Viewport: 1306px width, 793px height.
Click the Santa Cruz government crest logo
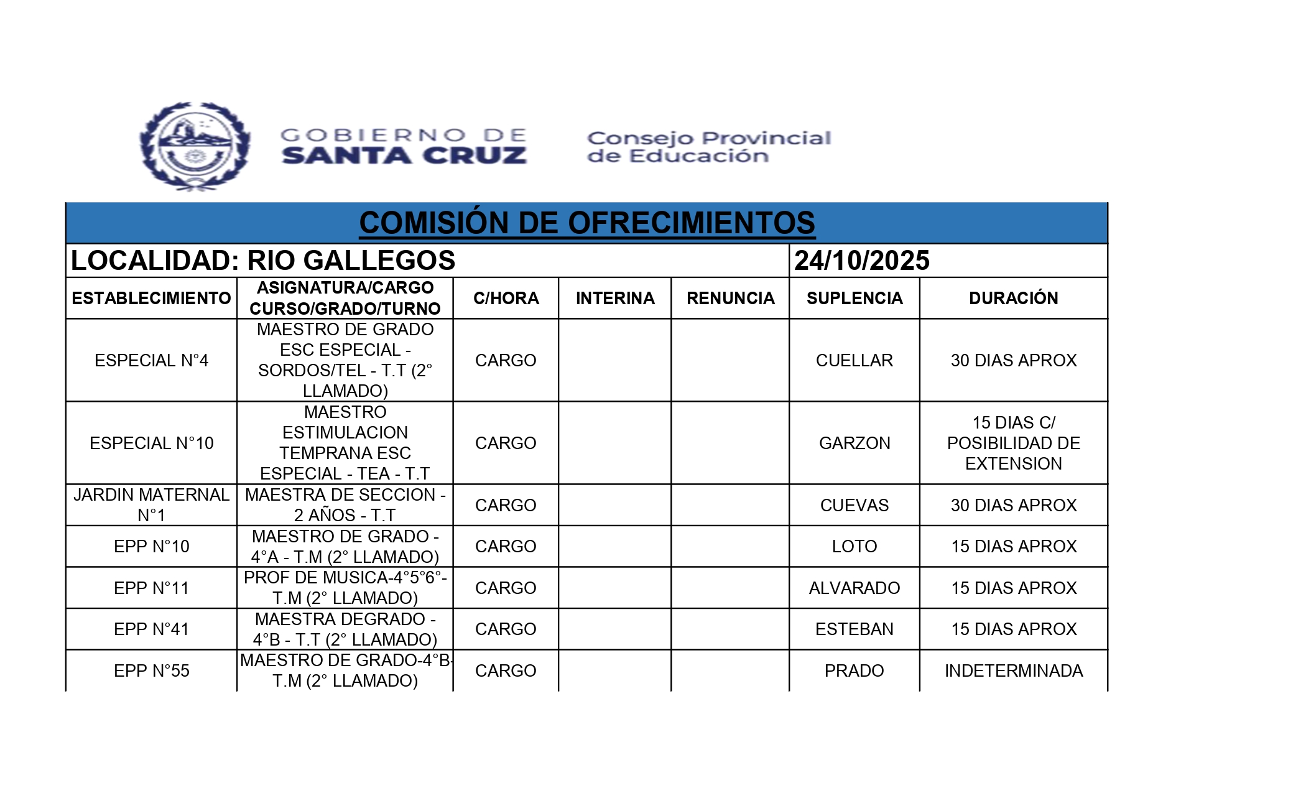click(x=195, y=147)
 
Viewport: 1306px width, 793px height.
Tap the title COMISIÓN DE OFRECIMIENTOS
click(x=586, y=223)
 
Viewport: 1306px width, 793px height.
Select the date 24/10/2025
click(x=861, y=261)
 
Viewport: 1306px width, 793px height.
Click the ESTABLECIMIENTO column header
click(x=151, y=299)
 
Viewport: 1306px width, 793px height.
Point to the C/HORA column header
click(x=506, y=299)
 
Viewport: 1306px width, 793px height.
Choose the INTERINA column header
click(x=615, y=299)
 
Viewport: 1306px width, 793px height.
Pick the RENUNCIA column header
click(x=730, y=299)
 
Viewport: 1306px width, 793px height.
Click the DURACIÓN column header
click(x=1013, y=299)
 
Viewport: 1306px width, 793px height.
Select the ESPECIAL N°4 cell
click(x=151, y=361)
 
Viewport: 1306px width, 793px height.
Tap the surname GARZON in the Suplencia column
click(x=854, y=443)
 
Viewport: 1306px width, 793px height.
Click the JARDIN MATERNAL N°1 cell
click(x=151, y=505)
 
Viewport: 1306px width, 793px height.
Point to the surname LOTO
click(x=854, y=547)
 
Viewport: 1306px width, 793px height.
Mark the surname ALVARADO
click(x=854, y=588)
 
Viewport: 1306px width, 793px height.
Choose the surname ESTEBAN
click(x=854, y=629)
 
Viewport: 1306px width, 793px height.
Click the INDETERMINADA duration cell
click(x=1013, y=671)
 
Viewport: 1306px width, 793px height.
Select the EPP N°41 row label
click(x=151, y=629)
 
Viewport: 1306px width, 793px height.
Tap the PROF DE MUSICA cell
click(x=345, y=588)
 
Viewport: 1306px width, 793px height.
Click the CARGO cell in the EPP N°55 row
click(x=506, y=671)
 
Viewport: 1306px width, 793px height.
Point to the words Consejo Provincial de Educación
click(x=709, y=147)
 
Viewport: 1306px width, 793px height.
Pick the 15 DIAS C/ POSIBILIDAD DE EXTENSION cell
click(x=1013, y=443)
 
